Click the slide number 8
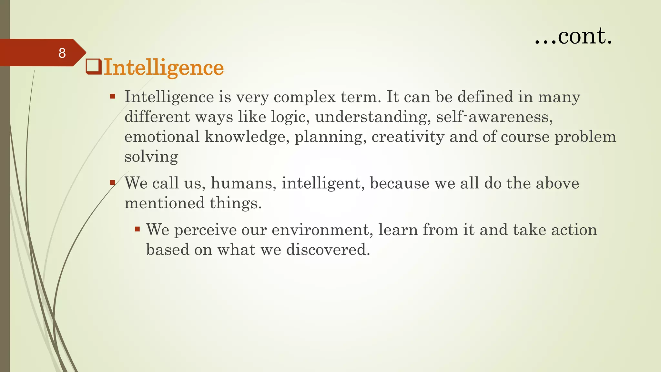[62, 53]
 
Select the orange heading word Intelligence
[163, 67]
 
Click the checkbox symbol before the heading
[94, 67]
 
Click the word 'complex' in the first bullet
[305, 97]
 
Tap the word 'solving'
[151, 157]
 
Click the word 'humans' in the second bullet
[243, 183]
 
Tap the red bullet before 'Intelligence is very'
[112, 96]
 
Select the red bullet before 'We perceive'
[137, 229]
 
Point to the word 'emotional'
[162, 137]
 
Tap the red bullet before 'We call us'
[112, 182]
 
